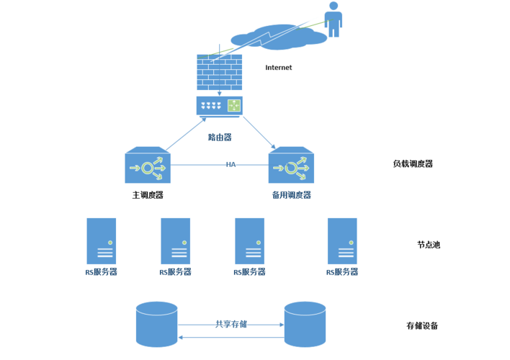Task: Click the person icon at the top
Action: (x=333, y=19)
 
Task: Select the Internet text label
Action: (x=279, y=68)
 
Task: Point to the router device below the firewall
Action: (x=219, y=107)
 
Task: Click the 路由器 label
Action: (x=220, y=137)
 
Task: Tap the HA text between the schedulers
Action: (x=231, y=165)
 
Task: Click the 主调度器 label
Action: (x=148, y=195)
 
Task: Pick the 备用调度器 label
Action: (x=291, y=195)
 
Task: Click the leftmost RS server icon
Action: (x=101, y=242)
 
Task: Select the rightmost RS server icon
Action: (x=342, y=242)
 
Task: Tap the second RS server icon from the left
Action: (x=175, y=242)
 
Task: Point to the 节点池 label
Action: (x=428, y=245)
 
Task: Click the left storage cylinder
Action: (x=156, y=324)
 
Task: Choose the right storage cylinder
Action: (x=305, y=324)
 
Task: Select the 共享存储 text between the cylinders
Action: (x=231, y=324)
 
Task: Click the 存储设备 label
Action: (x=422, y=325)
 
